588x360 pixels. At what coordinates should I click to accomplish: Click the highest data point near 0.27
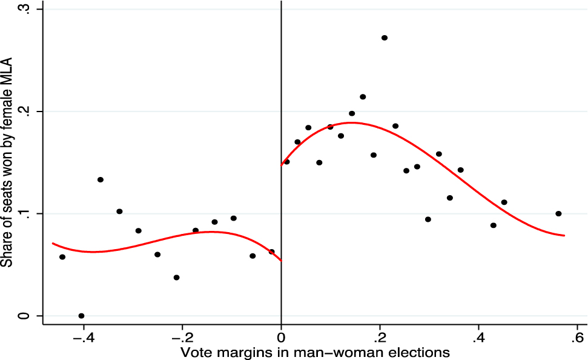point(384,38)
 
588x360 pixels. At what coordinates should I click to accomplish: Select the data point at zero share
point(81,316)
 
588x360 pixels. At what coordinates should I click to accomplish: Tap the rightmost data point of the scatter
point(558,213)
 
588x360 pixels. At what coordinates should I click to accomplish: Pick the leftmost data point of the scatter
point(62,257)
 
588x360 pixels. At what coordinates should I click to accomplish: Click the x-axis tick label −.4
point(84,337)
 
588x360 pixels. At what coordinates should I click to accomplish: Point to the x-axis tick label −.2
point(182,337)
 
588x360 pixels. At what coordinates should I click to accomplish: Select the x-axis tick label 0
point(281,337)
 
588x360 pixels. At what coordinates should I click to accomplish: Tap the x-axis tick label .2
point(380,337)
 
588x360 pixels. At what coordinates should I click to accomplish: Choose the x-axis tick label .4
point(478,337)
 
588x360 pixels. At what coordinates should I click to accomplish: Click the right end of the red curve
point(564,235)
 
